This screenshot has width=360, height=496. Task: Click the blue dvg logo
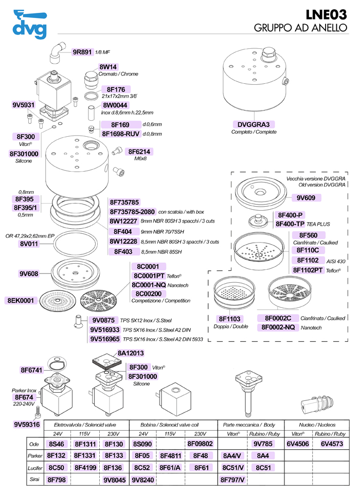pos(30,24)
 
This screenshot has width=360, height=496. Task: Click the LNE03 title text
pos(326,14)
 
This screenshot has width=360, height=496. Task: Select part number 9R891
pos(82,52)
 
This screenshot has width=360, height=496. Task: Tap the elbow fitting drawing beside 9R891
pos(57,52)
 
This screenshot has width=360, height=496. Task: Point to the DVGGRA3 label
pos(254,124)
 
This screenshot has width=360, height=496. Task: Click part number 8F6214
pos(139,152)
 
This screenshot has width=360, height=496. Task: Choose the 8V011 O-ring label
pos(29,244)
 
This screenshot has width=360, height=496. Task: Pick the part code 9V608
pos(29,273)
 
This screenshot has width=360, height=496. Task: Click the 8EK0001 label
pos(21,300)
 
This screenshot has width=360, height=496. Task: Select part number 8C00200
pos(149,293)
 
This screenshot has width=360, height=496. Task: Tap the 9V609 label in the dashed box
pos(306,198)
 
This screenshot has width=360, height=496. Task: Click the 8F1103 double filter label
pos(230,319)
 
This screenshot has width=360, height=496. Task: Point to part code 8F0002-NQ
pos(278,327)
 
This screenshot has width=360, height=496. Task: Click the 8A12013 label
pos(131,353)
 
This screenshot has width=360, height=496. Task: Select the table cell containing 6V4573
pos(332,444)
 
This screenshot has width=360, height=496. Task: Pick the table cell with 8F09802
pos(200,444)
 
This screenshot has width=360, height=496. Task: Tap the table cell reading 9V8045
pos(115,480)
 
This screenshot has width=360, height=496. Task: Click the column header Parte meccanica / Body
pos(249,425)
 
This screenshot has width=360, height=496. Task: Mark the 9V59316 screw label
pos(27,425)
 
